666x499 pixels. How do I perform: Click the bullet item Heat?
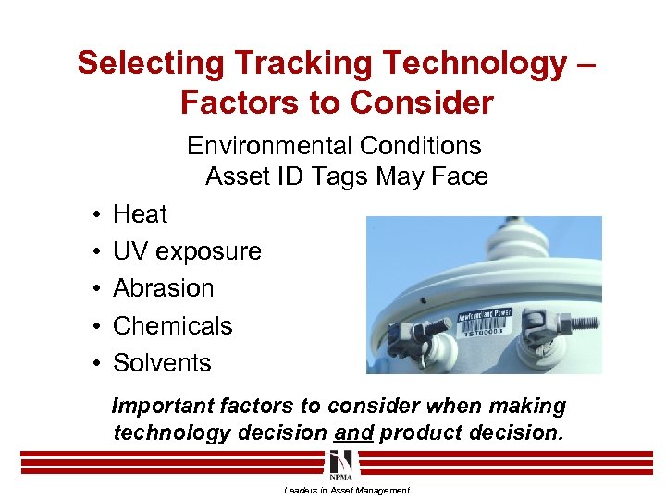140,214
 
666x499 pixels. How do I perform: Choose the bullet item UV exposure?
187,251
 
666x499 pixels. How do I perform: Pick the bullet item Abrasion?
163,288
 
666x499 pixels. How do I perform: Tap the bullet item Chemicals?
172,326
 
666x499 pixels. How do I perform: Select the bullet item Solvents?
162,363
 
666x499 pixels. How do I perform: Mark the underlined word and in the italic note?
355,432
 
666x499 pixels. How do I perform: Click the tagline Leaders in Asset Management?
346,490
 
